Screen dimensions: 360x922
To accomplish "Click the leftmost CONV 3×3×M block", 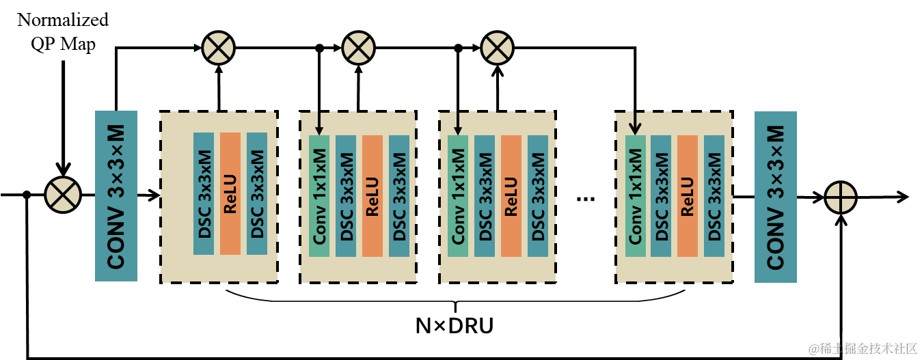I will (x=116, y=196).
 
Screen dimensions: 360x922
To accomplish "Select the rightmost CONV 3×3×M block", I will (x=775, y=197).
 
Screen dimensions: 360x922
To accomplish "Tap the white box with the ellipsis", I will (x=586, y=197).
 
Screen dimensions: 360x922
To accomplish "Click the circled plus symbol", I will (x=840, y=197).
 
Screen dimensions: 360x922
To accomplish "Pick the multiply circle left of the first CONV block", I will (x=63, y=195).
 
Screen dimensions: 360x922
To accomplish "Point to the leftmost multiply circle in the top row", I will (x=219, y=48).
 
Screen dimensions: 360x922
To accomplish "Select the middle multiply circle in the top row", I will (x=358, y=48).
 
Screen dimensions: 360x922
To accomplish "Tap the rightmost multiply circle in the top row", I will (x=497, y=48).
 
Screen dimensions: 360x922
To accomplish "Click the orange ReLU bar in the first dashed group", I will (x=230, y=193).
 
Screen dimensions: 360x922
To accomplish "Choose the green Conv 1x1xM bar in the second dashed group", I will (x=319, y=195).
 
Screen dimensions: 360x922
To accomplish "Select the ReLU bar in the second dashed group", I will (x=372, y=195).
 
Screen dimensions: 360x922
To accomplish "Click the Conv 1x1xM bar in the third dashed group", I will (x=458, y=195).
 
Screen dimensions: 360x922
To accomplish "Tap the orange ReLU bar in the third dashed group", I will (x=511, y=195).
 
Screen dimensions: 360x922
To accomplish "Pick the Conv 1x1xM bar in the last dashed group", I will (x=636, y=195).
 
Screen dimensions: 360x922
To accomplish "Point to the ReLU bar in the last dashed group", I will (x=688, y=195).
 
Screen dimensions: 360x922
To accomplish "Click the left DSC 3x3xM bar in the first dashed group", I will (x=204, y=193).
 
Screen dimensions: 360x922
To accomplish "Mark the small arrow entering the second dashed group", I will (x=318, y=124).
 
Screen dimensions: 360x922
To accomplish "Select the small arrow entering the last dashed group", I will (x=635, y=124).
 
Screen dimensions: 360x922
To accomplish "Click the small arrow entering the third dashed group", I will (x=457, y=124).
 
